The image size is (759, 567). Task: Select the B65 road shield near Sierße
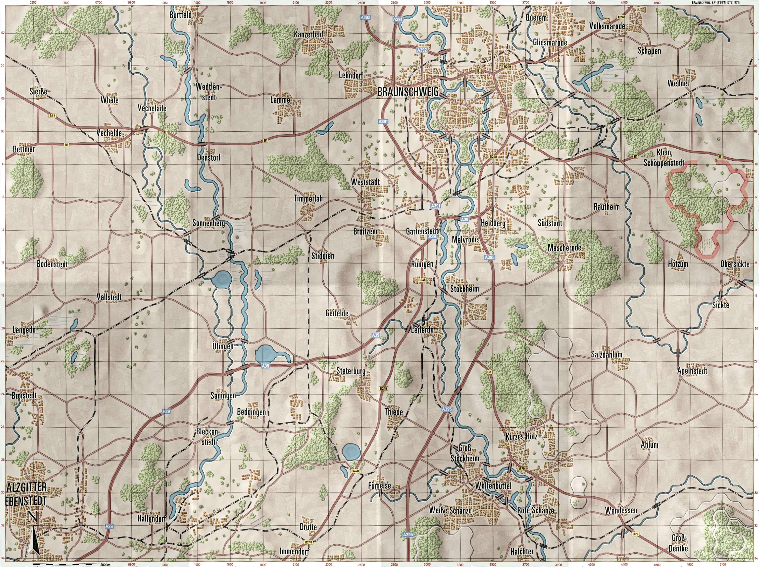[52, 116]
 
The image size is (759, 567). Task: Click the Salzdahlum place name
[606, 355]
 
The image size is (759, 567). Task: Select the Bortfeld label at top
[180, 15]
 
